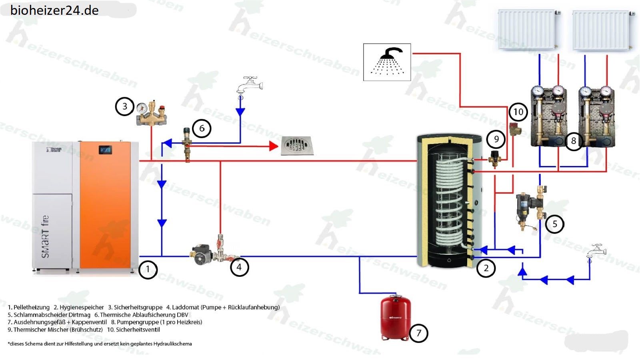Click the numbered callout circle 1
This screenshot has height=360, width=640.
click(x=148, y=269)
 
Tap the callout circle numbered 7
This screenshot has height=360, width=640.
click(x=418, y=333)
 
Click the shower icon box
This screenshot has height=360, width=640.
click(x=387, y=62)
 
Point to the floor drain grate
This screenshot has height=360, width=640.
click(x=296, y=146)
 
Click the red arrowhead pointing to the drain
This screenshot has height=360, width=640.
click(x=274, y=146)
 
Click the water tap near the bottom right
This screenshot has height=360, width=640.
click(x=596, y=251)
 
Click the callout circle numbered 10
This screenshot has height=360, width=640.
click(x=518, y=112)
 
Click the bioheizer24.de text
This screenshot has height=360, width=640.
click(x=54, y=10)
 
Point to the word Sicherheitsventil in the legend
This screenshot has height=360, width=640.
click(x=138, y=330)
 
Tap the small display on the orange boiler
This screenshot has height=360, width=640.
click(x=105, y=150)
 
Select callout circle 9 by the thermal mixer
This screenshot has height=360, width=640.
click(x=496, y=139)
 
